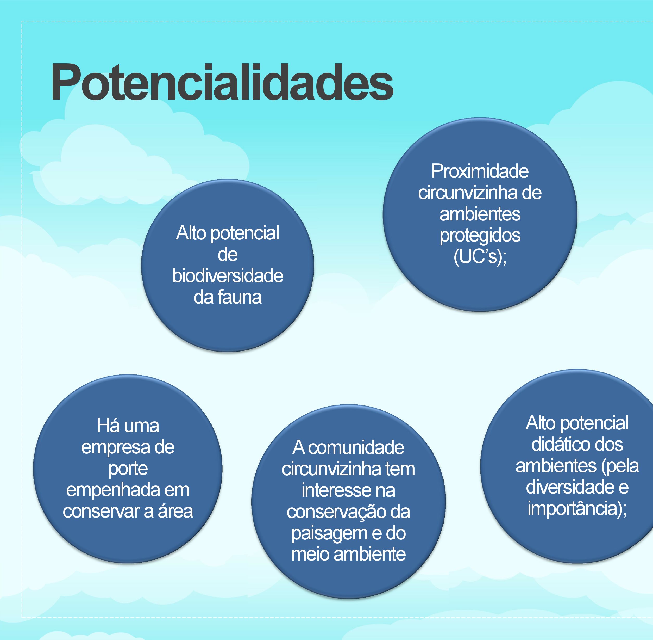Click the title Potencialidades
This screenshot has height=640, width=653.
tap(222, 83)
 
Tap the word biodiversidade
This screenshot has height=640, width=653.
tap(228, 276)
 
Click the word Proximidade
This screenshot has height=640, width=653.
tap(480, 171)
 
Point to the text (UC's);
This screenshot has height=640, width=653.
tap(480, 257)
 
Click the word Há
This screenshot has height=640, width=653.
tap(107, 426)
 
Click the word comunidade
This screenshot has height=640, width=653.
tap(356, 448)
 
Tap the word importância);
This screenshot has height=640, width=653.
tap(577, 509)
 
